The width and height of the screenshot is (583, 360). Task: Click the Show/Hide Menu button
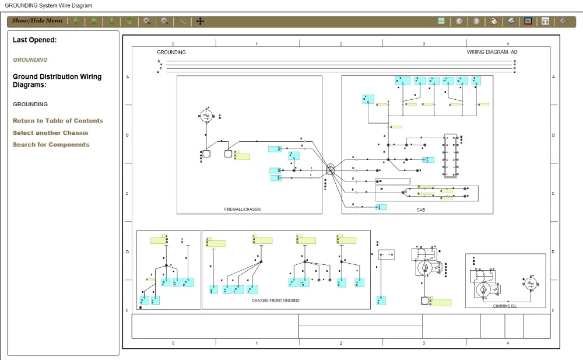tap(37, 21)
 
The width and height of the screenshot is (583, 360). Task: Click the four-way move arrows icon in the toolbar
tap(200, 21)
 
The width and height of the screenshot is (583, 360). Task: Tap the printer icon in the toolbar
tap(511, 21)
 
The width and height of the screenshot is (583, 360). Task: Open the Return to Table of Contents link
tap(58, 121)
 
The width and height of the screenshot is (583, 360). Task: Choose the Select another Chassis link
tap(51, 133)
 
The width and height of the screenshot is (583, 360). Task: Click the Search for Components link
tap(51, 145)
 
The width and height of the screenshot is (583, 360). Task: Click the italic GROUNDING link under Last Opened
tap(30, 60)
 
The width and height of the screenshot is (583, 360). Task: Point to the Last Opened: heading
tap(35, 40)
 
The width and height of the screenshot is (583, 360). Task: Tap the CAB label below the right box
tap(421, 210)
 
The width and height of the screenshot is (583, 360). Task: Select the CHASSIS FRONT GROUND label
tap(276, 300)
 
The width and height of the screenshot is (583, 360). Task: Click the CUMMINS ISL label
tap(504, 306)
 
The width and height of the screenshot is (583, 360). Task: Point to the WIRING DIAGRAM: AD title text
tap(492, 53)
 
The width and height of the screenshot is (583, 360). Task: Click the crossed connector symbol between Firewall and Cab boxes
tap(331, 169)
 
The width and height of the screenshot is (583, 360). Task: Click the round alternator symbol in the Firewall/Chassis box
tap(206, 116)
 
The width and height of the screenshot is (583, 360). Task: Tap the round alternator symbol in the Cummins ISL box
tap(530, 284)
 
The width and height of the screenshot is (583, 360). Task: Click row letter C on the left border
tap(128, 194)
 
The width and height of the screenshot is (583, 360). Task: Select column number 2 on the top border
tap(340, 44)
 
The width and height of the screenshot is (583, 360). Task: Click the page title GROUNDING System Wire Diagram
tap(48, 5)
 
